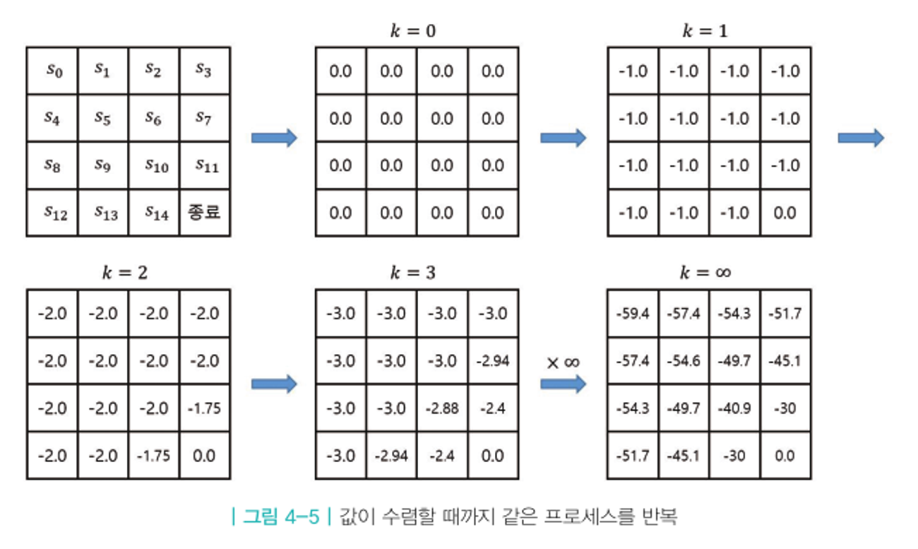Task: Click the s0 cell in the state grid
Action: tap(52, 70)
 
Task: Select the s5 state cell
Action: tap(102, 118)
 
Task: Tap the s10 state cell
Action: tap(154, 165)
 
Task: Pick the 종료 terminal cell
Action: tap(205, 212)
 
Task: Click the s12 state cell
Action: tap(52, 212)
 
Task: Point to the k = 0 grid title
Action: tap(416, 32)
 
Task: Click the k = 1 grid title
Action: tap(708, 32)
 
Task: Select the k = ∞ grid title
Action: tap(708, 273)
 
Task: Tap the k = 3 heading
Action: tap(416, 273)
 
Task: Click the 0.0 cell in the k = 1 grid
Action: tap(785, 213)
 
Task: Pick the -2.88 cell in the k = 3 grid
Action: tap(442, 408)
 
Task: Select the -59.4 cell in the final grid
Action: tap(633, 313)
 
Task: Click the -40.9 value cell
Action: tap(734, 408)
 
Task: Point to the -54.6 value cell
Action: tap(684, 361)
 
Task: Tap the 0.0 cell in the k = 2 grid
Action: tap(205, 456)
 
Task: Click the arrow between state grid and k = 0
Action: tap(274, 138)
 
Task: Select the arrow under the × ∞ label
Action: tap(563, 384)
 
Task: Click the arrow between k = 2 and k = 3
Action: tap(274, 384)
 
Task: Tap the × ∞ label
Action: tap(563, 362)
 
